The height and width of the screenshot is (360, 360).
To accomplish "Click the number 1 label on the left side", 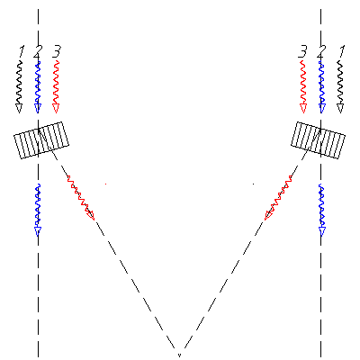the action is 22,51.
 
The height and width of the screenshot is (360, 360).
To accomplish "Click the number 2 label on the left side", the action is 38,51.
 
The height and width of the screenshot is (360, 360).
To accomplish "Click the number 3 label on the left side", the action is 57,51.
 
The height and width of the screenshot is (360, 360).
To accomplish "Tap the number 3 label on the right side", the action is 302,51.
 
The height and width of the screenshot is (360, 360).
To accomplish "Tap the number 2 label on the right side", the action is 321,51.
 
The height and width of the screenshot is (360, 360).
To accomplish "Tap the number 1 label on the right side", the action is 341,51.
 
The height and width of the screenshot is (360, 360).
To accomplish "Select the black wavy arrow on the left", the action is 19,87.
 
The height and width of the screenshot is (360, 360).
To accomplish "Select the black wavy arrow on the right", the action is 340,87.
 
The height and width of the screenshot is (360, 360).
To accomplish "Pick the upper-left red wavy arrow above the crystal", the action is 56,87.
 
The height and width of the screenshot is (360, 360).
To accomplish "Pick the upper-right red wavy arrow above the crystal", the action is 303,87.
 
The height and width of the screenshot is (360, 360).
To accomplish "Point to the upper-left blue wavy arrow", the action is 38,87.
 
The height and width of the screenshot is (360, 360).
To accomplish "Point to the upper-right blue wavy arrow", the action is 321,87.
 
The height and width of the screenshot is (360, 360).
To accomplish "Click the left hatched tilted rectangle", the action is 41,140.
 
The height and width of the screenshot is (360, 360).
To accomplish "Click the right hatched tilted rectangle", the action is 318,140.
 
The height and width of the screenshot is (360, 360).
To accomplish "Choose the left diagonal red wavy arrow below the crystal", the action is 80,197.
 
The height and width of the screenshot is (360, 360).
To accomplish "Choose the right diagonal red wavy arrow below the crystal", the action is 278,197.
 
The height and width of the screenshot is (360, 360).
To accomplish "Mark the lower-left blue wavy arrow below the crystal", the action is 38,210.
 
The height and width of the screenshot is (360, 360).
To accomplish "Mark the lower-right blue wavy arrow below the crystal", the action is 321,210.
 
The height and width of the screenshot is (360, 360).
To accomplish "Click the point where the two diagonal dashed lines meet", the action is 179,355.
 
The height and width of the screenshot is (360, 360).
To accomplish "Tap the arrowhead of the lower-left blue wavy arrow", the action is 38,231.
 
